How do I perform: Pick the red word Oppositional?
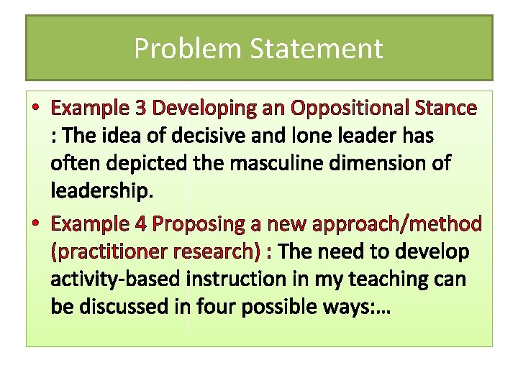click(348, 108)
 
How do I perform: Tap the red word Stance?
click(446, 108)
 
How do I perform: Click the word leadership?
click(101, 191)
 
